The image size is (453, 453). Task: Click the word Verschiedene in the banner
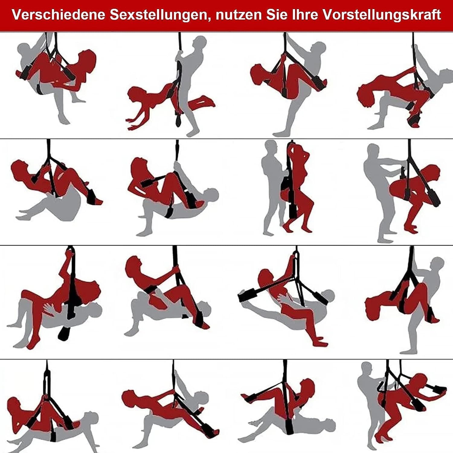(59, 15)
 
